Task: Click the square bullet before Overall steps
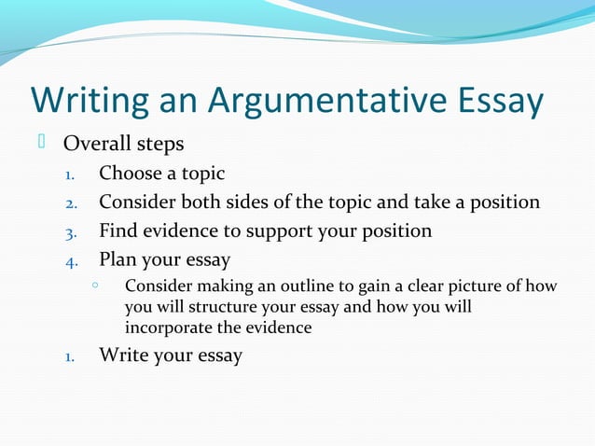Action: click(x=41, y=142)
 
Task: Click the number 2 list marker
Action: click(x=70, y=202)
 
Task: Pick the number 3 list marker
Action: click(x=70, y=231)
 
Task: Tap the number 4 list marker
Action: click(x=70, y=260)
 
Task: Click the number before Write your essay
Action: click(x=70, y=356)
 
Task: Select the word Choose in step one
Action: click(x=130, y=173)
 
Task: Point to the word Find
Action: click(x=118, y=230)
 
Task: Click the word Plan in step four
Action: click(x=118, y=259)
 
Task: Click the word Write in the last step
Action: click(x=122, y=355)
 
